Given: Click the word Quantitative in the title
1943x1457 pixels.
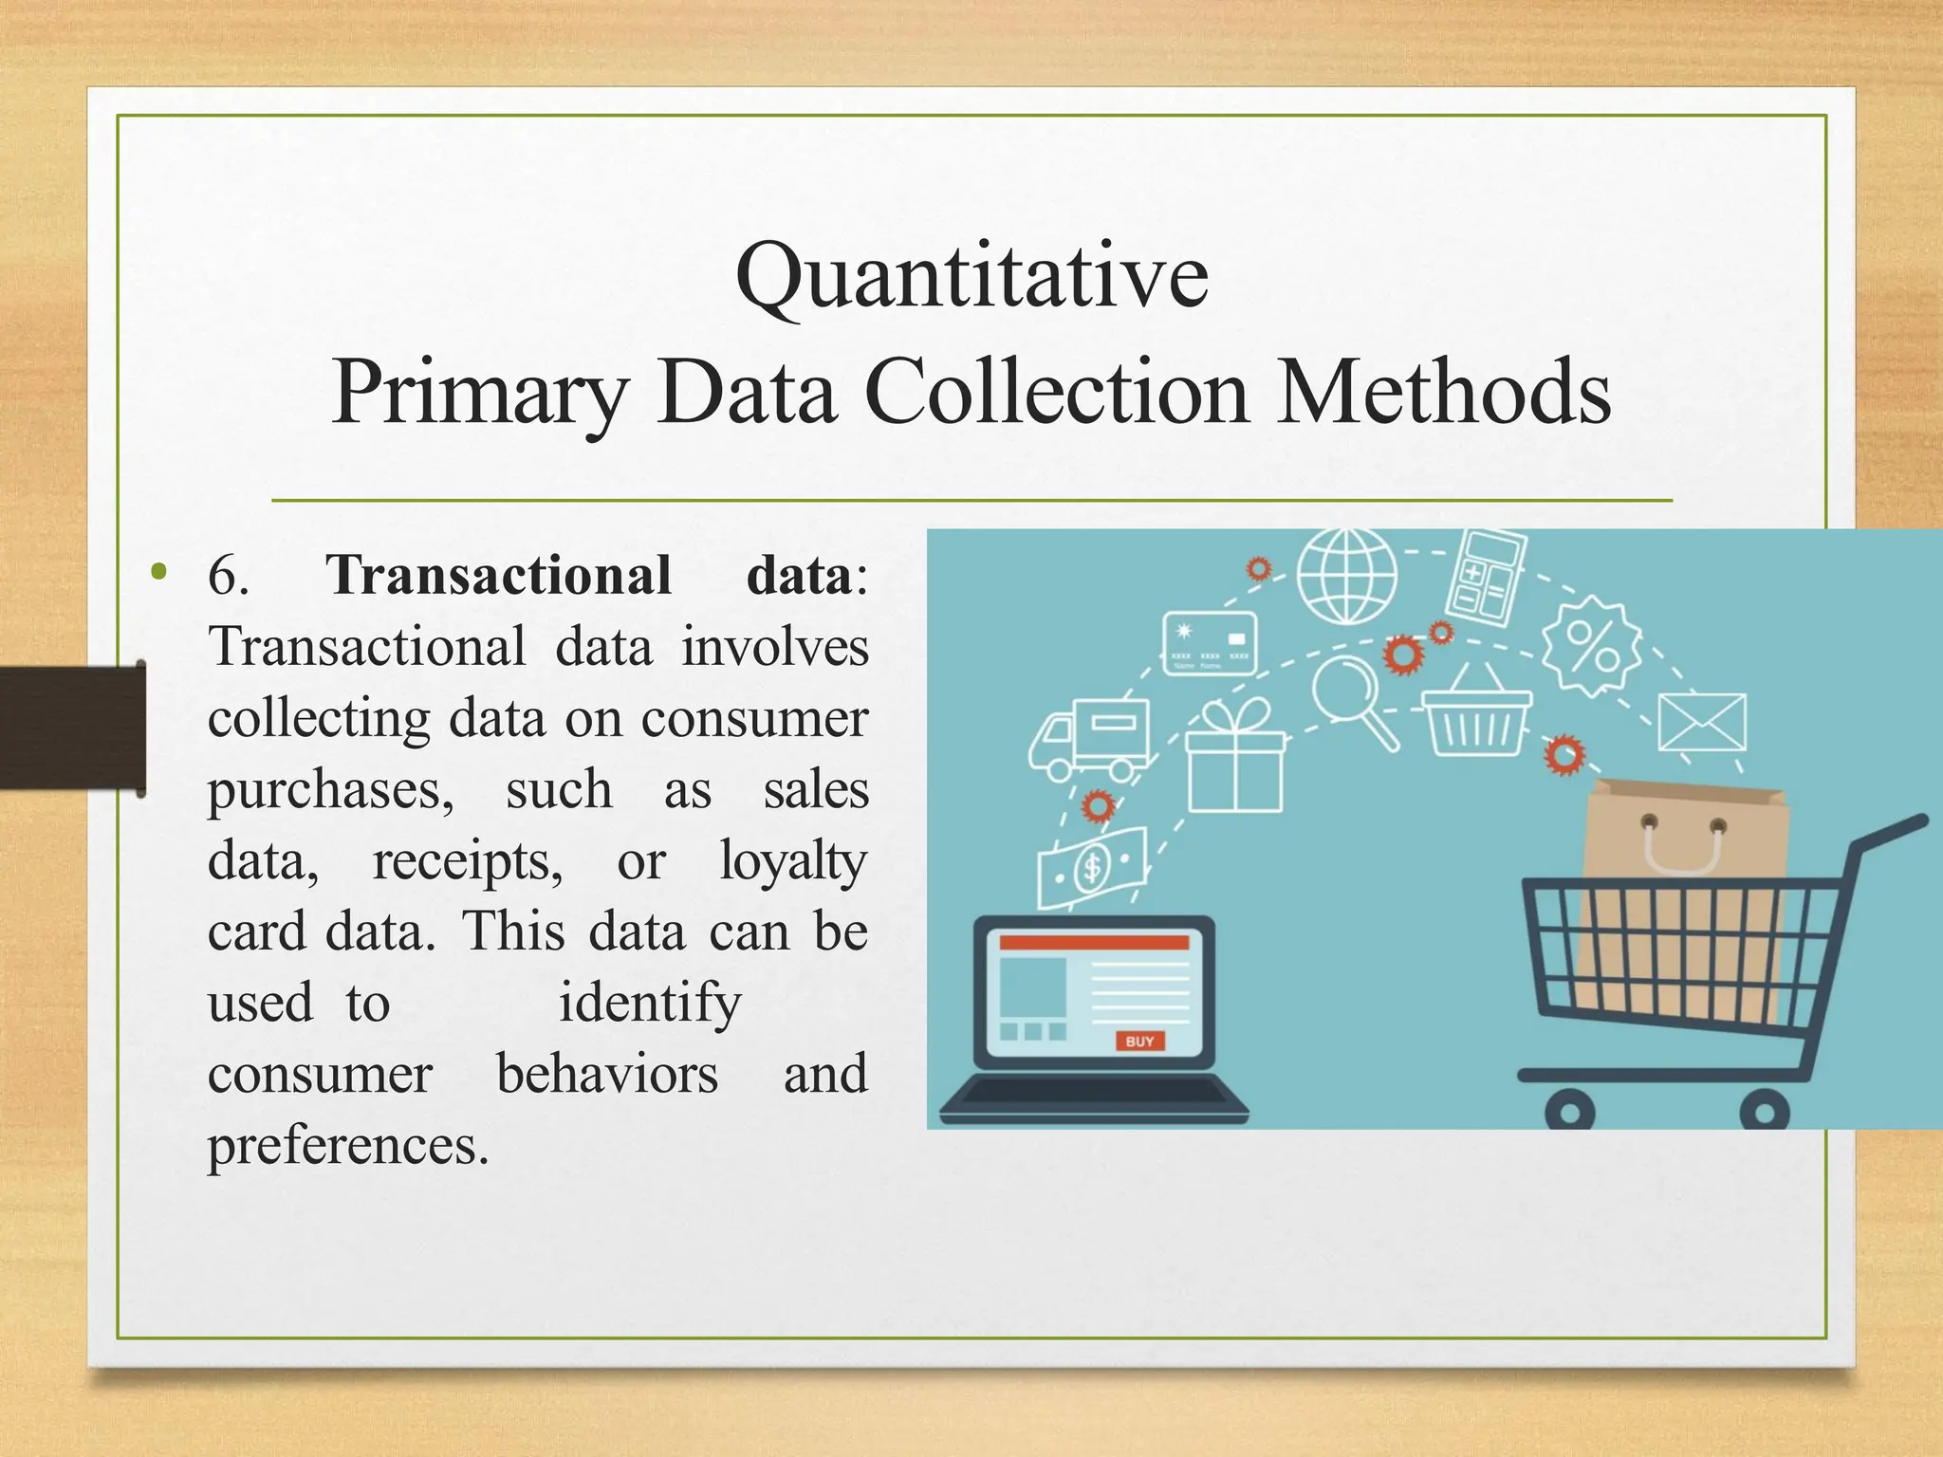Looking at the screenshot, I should (971, 277).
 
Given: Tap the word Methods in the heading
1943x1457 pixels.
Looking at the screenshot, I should (1443, 393).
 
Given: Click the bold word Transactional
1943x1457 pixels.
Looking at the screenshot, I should (499, 575).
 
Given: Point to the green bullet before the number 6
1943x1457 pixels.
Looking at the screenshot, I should (158, 572).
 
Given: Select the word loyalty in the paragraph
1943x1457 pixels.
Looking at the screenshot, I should (793, 861).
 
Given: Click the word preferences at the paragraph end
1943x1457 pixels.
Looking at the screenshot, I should (347, 1146).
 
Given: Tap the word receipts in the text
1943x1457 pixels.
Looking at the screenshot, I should (467, 861).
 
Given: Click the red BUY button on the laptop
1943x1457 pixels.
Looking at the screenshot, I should (1139, 1041).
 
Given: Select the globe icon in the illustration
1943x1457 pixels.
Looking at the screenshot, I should (1347, 576).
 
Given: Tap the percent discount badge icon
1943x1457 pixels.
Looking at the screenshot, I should (1592, 646).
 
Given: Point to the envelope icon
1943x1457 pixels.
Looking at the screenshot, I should (1702, 723).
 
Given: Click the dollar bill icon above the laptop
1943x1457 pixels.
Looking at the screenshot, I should (1091, 866).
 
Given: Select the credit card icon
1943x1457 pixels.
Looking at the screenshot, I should (1210, 643).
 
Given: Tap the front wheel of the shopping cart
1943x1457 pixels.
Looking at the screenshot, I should (1569, 1111).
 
